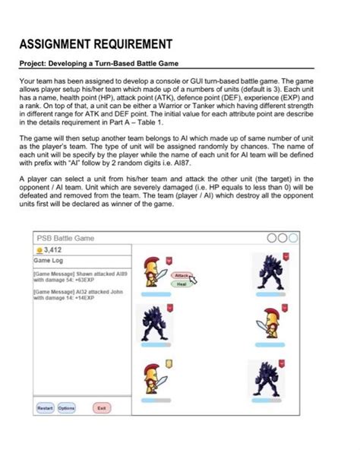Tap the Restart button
click(43, 408)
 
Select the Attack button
click(182, 275)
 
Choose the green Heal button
click(181, 284)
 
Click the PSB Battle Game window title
click(67, 238)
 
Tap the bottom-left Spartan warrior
click(151, 376)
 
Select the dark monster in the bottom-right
click(267, 378)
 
